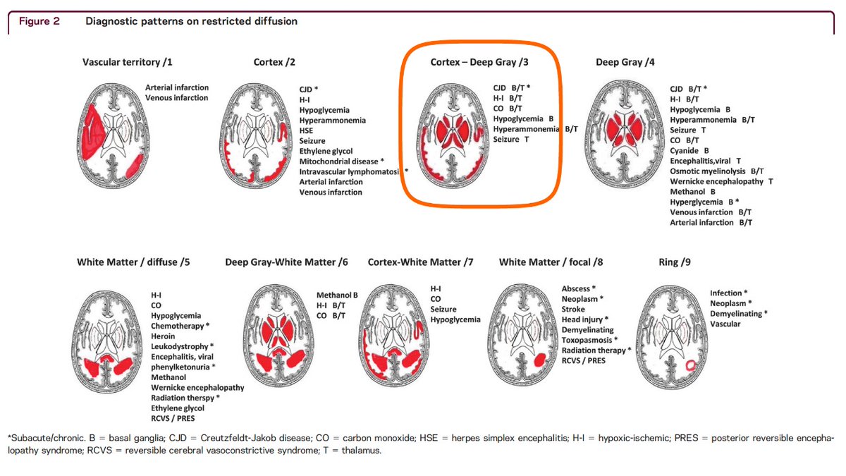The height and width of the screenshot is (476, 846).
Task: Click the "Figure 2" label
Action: [x=44, y=21]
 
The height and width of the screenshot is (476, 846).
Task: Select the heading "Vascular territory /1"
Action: [x=128, y=63]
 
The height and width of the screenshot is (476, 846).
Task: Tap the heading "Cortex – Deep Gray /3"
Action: [x=479, y=63]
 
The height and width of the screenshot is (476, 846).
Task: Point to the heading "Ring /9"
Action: [x=675, y=262]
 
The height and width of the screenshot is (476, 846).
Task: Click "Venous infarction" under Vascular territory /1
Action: [x=176, y=97]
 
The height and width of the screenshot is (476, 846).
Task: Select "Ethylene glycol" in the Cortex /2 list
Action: [x=326, y=151]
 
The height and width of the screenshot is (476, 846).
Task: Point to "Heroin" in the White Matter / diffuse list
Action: [x=164, y=336]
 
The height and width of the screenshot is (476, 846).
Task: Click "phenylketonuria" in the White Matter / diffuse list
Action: [x=182, y=367]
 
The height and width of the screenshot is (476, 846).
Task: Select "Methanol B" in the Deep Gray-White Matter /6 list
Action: [x=337, y=295]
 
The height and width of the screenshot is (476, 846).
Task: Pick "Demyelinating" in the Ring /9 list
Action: [x=736, y=313]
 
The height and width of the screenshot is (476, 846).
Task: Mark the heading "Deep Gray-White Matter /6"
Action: [x=287, y=262]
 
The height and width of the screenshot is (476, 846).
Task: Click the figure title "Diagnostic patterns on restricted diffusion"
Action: [x=191, y=21]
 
